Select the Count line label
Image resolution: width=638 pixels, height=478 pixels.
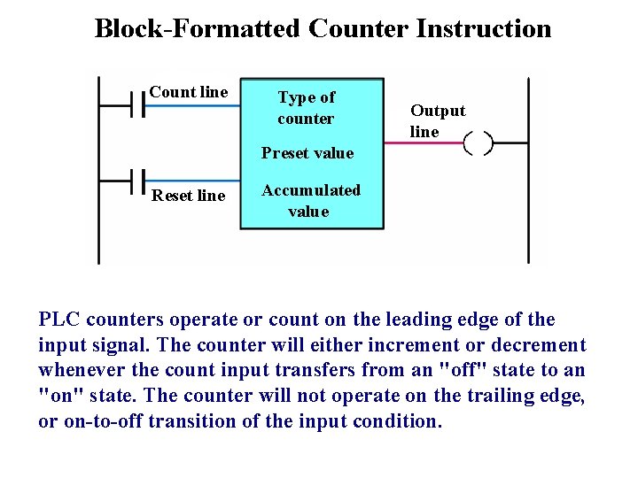[x=189, y=92]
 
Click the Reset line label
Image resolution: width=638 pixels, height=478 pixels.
[x=189, y=196]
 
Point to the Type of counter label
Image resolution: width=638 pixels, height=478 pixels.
[x=306, y=108]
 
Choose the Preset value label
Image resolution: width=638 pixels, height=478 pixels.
[x=307, y=153]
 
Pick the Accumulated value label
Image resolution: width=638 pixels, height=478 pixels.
[x=310, y=201]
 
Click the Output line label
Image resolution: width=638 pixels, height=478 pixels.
[x=437, y=121]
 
